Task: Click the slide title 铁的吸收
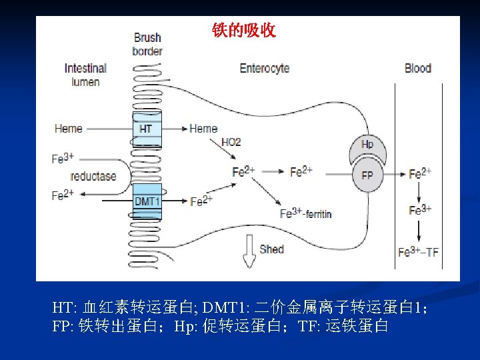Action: (243, 31)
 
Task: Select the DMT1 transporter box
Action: (147, 201)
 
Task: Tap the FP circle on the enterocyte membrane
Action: (367, 175)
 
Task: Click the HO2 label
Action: (231, 142)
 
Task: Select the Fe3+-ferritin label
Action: (306, 214)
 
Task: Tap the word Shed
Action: (272, 249)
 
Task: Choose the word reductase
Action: (93, 177)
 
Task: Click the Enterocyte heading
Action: (265, 68)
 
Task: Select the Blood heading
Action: (418, 68)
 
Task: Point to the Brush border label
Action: (147, 45)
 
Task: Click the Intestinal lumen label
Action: (85, 75)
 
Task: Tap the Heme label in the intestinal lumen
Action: (69, 129)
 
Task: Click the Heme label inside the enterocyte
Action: (203, 129)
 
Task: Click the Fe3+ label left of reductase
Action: (63, 159)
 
